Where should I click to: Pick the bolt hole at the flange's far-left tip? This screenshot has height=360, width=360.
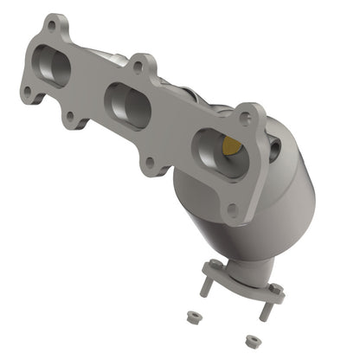tap(28, 90)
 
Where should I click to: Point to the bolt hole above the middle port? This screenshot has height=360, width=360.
tap(136, 66)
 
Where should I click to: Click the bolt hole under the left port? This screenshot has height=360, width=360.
tap(69, 114)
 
